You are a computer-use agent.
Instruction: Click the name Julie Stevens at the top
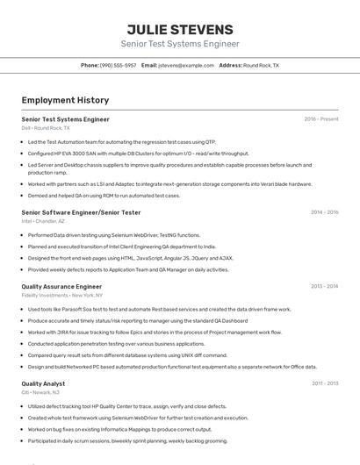click(x=180, y=30)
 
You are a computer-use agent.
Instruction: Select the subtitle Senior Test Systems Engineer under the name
click(x=180, y=44)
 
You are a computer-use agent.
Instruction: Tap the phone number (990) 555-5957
click(x=118, y=66)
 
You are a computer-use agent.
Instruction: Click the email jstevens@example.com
click(x=186, y=66)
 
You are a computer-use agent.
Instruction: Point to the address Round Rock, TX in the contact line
click(x=261, y=66)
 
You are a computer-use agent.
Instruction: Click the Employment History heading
click(x=65, y=100)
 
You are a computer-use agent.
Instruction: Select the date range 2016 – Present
click(x=321, y=118)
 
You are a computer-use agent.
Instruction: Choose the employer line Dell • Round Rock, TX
click(x=46, y=128)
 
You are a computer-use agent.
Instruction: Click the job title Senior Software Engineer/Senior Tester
click(x=81, y=212)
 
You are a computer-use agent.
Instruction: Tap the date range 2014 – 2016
click(x=324, y=212)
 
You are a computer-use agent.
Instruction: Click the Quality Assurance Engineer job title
click(x=61, y=286)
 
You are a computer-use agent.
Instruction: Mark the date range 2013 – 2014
click(x=324, y=286)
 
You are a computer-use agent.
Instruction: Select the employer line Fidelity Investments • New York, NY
click(x=61, y=296)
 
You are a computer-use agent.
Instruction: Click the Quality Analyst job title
click(x=43, y=383)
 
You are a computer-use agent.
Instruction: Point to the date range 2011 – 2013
click(x=324, y=383)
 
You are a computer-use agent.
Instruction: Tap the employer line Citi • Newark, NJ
click(x=40, y=393)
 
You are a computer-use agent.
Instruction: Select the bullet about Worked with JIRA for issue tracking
click(x=155, y=333)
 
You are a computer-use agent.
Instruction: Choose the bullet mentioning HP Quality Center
click(x=126, y=406)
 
